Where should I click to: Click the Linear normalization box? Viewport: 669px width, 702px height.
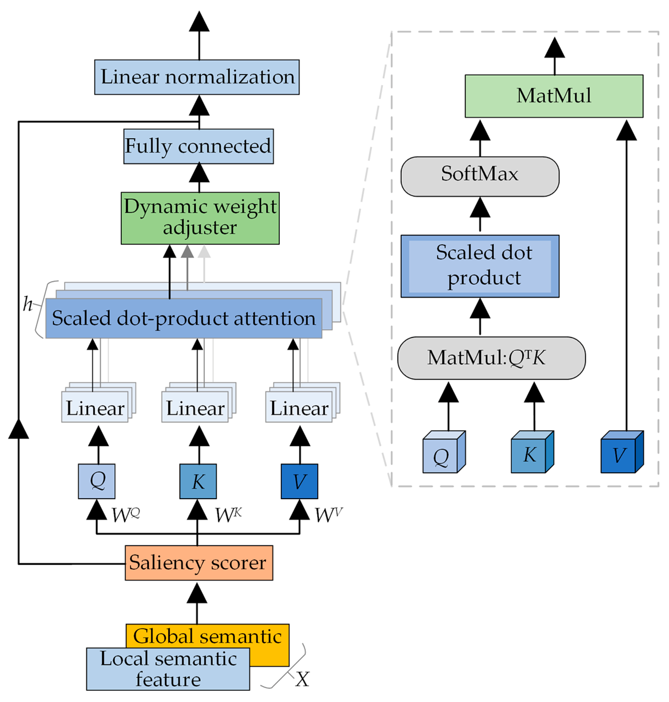tap(197, 77)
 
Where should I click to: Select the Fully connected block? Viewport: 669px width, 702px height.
tap(198, 146)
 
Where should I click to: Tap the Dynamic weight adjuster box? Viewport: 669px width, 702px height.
tap(200, 218)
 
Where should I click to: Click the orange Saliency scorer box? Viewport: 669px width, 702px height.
tap(199, 563)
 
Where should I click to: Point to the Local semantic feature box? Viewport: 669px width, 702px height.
tap(168, 668)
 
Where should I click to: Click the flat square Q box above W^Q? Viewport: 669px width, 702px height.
tap(97, 481)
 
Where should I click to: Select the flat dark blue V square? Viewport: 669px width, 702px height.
tap(299, 481)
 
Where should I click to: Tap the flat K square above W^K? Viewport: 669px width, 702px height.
tap(198, 481)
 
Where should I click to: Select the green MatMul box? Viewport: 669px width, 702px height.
tap(554, 96)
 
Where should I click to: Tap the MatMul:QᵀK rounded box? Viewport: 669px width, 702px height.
tap(491, 358)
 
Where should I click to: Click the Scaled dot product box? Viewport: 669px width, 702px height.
tap(480, 266)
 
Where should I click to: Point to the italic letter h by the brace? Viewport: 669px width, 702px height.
tap(27, 304)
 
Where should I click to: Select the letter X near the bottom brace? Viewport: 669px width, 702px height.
tap(302, 679)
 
